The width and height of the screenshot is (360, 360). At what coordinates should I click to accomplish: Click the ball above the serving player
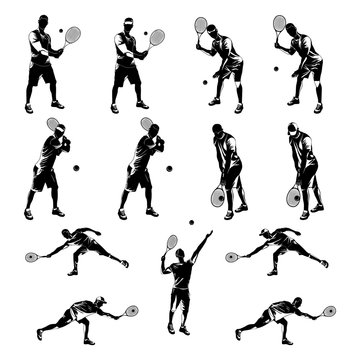click(191, 222)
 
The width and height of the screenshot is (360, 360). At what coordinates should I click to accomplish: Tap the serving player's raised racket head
click(172, 242)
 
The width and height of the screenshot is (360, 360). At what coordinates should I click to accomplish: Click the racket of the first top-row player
click(72, 34)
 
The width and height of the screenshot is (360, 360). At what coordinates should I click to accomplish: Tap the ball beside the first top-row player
click(60, 31)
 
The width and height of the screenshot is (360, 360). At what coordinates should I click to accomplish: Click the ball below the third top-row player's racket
click(205, 82)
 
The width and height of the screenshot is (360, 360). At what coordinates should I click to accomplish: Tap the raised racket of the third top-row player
click(201, 24)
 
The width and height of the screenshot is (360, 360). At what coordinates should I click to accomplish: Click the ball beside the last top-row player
click(276, 69)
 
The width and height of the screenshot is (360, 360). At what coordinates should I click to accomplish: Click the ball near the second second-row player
click(168, 166)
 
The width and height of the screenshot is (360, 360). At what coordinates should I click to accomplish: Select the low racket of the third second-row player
click(217, 197)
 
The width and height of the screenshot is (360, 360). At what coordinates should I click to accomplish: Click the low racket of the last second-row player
click(293, 197)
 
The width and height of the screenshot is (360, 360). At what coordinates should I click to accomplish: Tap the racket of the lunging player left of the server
click(31, 257)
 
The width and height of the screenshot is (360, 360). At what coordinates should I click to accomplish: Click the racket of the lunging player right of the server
click(232, 257)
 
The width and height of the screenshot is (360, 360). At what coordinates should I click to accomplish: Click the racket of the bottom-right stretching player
click(329, 311)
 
